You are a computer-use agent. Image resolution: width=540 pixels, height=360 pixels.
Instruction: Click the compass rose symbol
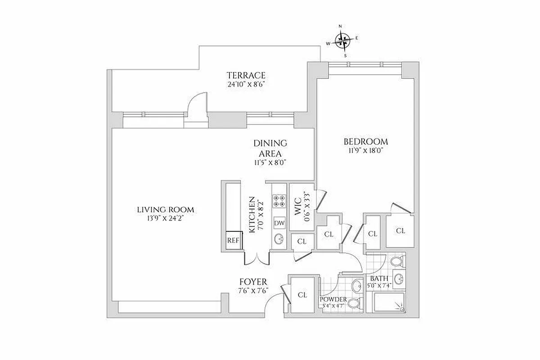pos(343,41)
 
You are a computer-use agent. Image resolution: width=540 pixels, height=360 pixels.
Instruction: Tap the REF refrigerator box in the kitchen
pos(233,240)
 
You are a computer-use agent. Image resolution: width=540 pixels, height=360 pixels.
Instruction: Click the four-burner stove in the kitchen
pos(278,201)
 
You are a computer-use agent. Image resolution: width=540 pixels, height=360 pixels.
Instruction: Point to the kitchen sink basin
pos(278,238)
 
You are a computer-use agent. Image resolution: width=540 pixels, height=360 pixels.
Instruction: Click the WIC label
pos(297,204)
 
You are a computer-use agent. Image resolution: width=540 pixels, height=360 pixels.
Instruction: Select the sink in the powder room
pos(357,285)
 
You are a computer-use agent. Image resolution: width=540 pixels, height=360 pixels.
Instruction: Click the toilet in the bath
pos(396,261)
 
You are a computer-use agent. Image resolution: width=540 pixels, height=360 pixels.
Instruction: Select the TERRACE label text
pos(246,75)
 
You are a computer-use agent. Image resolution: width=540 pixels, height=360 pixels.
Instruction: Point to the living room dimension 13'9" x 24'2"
pos(166,218)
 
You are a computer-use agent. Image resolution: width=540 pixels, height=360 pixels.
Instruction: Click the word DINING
pos(270,143)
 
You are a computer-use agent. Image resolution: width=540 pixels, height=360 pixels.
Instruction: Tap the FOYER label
pos(253,282)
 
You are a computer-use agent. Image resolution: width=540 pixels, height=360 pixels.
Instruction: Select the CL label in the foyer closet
pos(302,295)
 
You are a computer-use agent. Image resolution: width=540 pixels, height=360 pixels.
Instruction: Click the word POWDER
pos(333,300)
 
